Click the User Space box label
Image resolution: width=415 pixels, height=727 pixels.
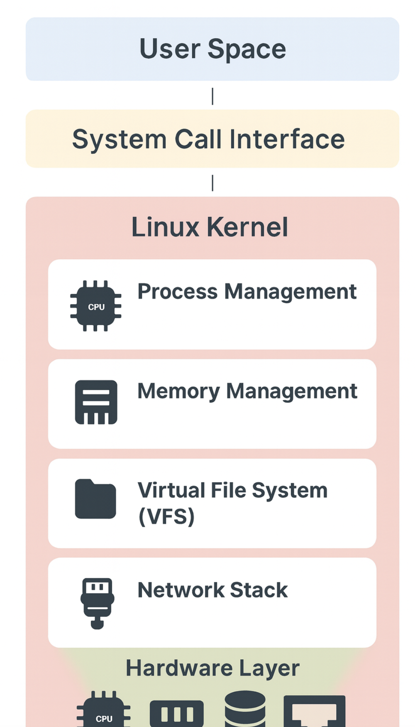(212, 49)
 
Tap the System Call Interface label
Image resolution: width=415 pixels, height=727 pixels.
(208, 139)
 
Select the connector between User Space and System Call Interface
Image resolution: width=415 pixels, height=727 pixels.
(212, 96)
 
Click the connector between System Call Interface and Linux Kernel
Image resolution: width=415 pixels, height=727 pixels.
(212, 183)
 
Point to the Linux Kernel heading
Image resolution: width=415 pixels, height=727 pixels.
(210, 227)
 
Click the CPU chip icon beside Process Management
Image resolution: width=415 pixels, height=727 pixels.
(96, 306)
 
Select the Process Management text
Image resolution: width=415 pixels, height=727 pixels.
(247, 291)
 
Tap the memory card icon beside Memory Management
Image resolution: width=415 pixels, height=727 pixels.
(96, 402)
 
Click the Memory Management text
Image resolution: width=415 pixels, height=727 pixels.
(247, 391)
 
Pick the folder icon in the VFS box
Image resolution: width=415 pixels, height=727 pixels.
(95, 499)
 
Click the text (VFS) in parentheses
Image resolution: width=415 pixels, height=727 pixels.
(166, 516)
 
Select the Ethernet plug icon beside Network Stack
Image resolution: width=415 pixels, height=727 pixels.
(97, 602)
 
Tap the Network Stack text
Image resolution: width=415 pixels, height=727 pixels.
(212, 590)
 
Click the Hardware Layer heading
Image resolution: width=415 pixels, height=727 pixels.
(212, 668)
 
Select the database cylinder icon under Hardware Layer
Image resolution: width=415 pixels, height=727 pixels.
(245, 709)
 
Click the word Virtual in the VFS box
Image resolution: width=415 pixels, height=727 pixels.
(171, 490)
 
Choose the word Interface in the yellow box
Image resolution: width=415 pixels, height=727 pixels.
(287, 139)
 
